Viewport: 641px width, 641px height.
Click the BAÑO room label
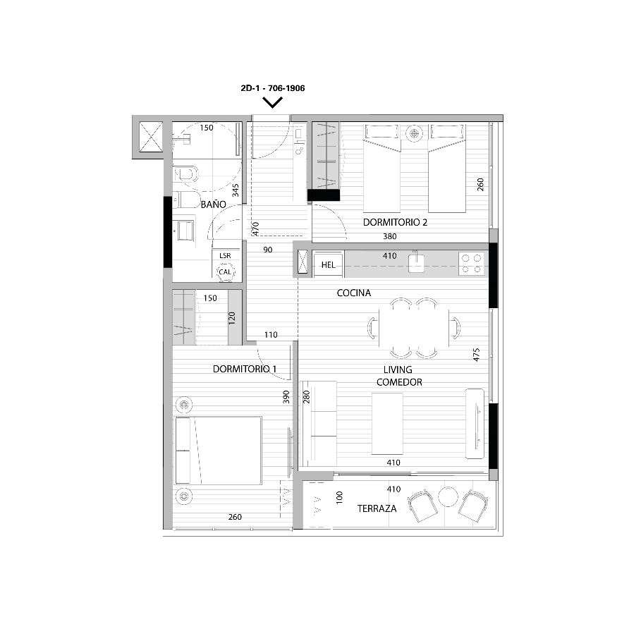[213, 204]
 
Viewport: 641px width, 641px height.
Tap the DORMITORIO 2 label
[395, 222]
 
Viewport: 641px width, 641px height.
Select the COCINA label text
[353, 293]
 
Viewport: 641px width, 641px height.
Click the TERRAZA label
[377, 508]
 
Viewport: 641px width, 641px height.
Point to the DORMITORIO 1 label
[245, 369]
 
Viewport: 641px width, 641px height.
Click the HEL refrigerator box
[329, 265]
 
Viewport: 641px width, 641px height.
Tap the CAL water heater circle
[225, 272]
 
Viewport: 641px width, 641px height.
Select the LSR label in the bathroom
[225, 255]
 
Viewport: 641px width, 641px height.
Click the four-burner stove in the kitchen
[471, 264]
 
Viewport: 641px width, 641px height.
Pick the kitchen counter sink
[416, 263]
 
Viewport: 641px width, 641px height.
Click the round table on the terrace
[448, 496]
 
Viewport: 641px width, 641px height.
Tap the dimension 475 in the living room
[476, 355]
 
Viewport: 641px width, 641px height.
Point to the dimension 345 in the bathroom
[236, 190]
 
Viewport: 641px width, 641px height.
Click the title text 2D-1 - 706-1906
[273, 88]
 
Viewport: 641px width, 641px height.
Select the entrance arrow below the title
[273, 102]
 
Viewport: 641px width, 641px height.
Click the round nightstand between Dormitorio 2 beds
[414, 133]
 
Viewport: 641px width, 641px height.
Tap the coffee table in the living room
[387, 424]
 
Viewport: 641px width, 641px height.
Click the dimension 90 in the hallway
[268, 250]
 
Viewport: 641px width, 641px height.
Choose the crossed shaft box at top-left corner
[151, 137]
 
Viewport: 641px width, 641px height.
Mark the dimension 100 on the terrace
[339, 498]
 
